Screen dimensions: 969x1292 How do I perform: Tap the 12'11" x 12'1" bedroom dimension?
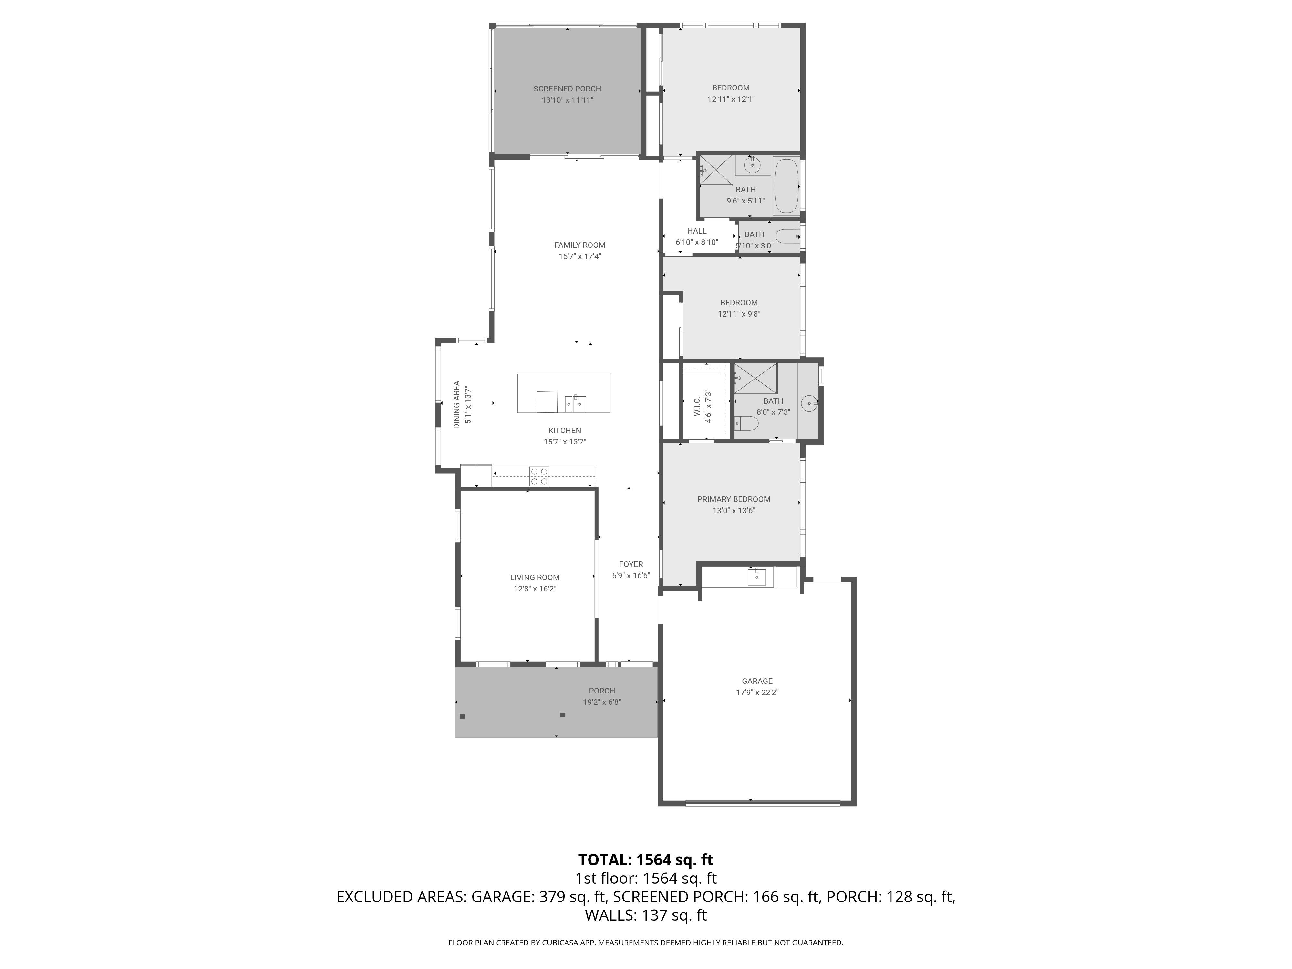click(731, 99)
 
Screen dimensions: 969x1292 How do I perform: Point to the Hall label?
click(696, 231)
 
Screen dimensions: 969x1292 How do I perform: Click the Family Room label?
click(579, 245)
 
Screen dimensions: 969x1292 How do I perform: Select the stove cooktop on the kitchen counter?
click(539, 476)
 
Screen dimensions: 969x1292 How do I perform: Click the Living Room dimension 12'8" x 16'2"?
click(535, 589)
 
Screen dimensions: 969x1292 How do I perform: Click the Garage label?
click(757, 681)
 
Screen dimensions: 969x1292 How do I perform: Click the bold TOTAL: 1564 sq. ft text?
click(645, 860)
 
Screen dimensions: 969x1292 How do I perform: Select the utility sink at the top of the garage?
click(756, 577)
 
